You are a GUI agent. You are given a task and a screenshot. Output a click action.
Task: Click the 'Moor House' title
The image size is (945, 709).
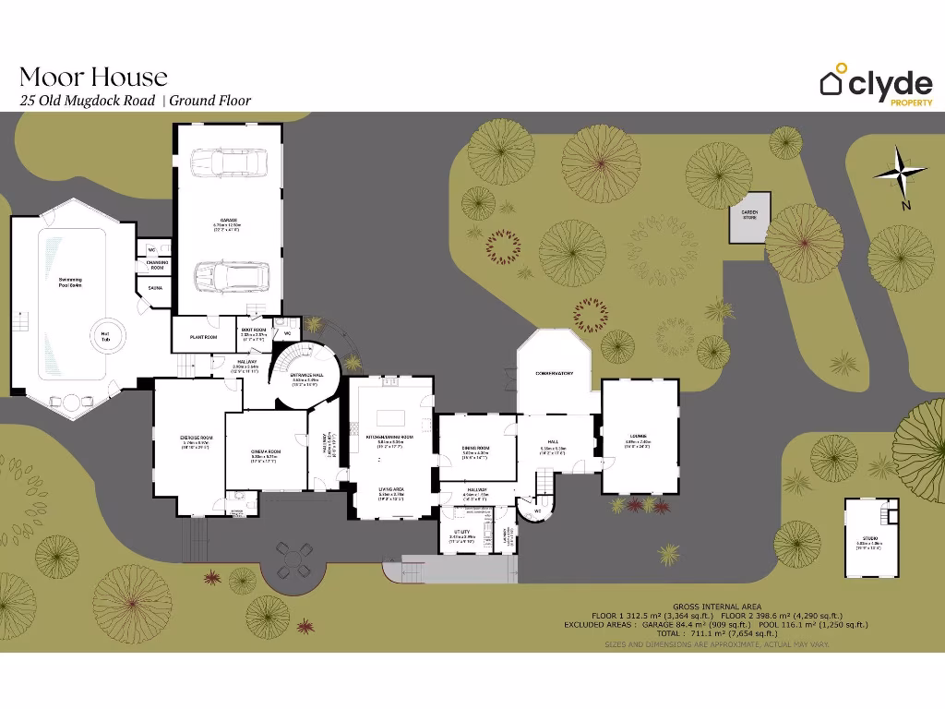click(93, 76)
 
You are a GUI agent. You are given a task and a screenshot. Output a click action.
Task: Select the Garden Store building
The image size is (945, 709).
click(749, 218)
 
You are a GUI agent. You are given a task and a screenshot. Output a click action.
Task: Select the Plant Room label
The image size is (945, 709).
click(203, 338)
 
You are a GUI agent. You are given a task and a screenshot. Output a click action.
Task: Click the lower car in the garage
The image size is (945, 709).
click(231, 275)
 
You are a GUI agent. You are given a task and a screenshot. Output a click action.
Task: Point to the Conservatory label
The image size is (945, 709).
click(555, 374)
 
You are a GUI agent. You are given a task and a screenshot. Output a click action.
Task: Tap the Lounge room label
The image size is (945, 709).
click(638, 437)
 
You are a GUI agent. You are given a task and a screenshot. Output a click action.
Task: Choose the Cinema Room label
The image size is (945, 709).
click(265, 451)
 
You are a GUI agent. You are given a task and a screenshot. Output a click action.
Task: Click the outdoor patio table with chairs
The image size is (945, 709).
click(292, 559)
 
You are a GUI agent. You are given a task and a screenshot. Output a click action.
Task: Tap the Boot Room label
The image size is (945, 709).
click(254, 330)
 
